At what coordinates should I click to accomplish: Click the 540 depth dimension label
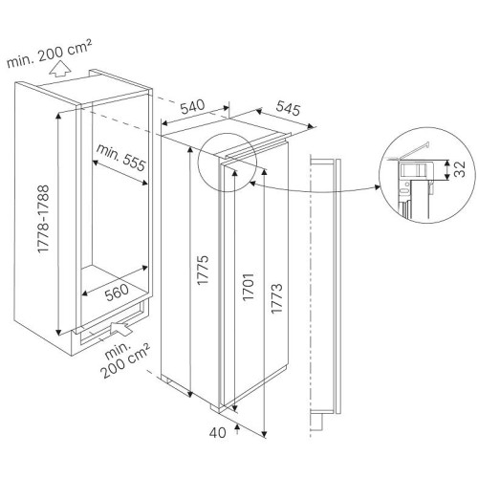(x=192, y=107)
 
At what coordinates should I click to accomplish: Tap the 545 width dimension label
(x=288, y=108)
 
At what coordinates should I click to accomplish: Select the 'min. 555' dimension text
(x=120, y=158)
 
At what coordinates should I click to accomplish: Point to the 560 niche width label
(x=118, y=293)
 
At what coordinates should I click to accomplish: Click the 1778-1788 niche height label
(x=43, y=219)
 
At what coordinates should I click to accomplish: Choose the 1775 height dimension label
(x=203, y=270)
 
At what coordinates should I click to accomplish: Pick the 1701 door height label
(x=249, y=287)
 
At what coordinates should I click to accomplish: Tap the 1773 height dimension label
(x=276, y=298)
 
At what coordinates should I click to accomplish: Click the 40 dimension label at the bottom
(x=218, y=432)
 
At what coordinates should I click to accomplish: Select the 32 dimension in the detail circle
(x=459, y=169)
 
